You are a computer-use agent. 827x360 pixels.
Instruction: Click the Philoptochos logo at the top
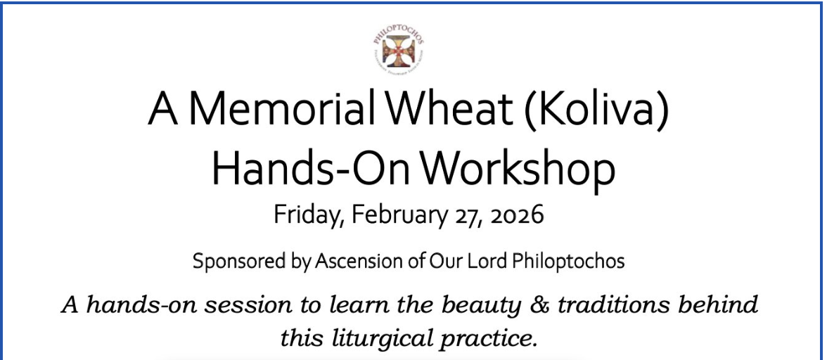(398, 49)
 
